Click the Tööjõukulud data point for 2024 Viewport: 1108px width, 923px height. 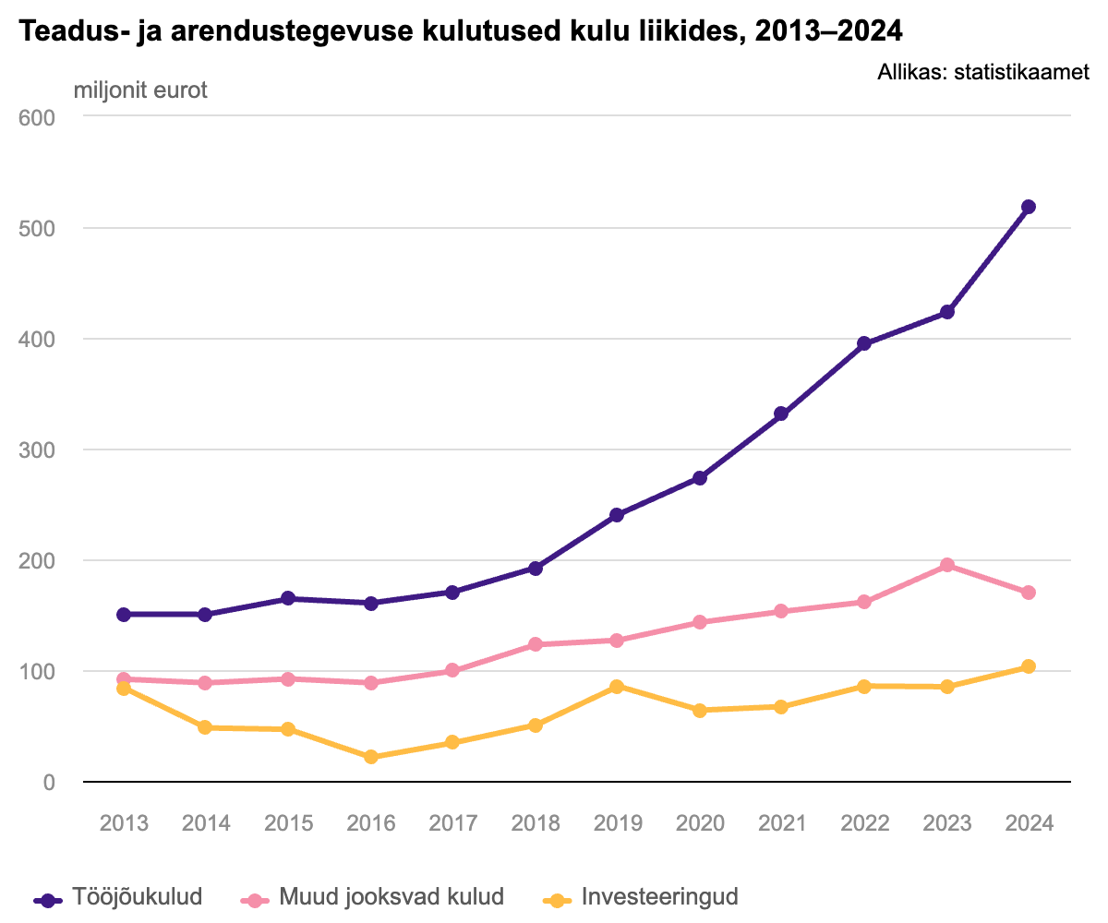click(1029, 207)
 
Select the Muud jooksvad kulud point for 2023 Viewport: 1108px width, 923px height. click(946, 565)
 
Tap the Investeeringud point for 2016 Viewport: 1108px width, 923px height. click(371, 757)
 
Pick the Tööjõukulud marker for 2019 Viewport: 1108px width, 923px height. click(617, 515)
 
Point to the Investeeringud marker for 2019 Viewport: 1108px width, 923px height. click(617, 687)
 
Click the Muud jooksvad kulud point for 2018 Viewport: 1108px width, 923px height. click(536, 644)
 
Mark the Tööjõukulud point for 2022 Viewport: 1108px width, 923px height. click(864, 343)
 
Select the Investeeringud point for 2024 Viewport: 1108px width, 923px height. click(1029, 666)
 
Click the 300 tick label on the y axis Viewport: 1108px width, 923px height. click(37, 450)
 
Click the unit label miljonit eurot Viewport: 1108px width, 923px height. click(140, 90)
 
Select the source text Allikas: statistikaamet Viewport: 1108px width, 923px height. click(983, 72)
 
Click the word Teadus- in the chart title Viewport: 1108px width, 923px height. click(66, 31)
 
